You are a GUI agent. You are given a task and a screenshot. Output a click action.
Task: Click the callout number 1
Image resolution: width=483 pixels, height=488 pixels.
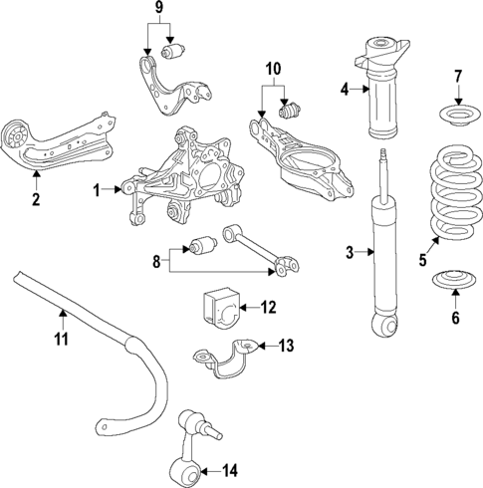(98, 188)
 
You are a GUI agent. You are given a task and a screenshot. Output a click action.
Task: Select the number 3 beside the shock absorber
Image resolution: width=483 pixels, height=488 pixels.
(350, 253)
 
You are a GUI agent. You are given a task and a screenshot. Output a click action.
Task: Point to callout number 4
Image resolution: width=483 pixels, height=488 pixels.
(345, 90)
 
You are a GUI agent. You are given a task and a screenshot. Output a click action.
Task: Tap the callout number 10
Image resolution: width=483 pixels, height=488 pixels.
(273, 70)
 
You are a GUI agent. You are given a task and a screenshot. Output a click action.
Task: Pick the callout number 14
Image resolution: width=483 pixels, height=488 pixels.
(231, 470)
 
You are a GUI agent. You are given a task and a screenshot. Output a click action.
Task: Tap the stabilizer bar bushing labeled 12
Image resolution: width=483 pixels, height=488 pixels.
(220, 304)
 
